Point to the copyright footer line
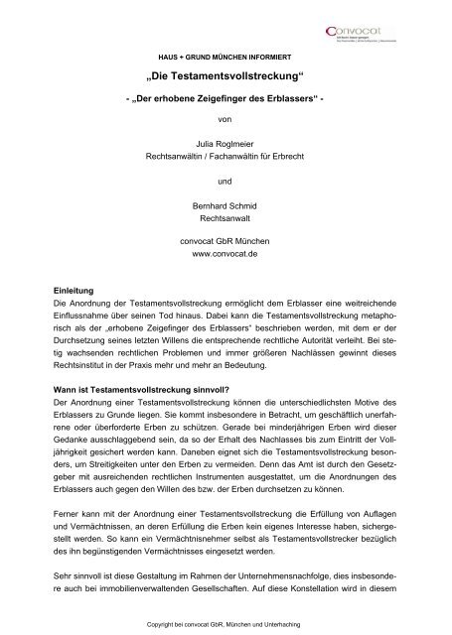coord(226,621)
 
